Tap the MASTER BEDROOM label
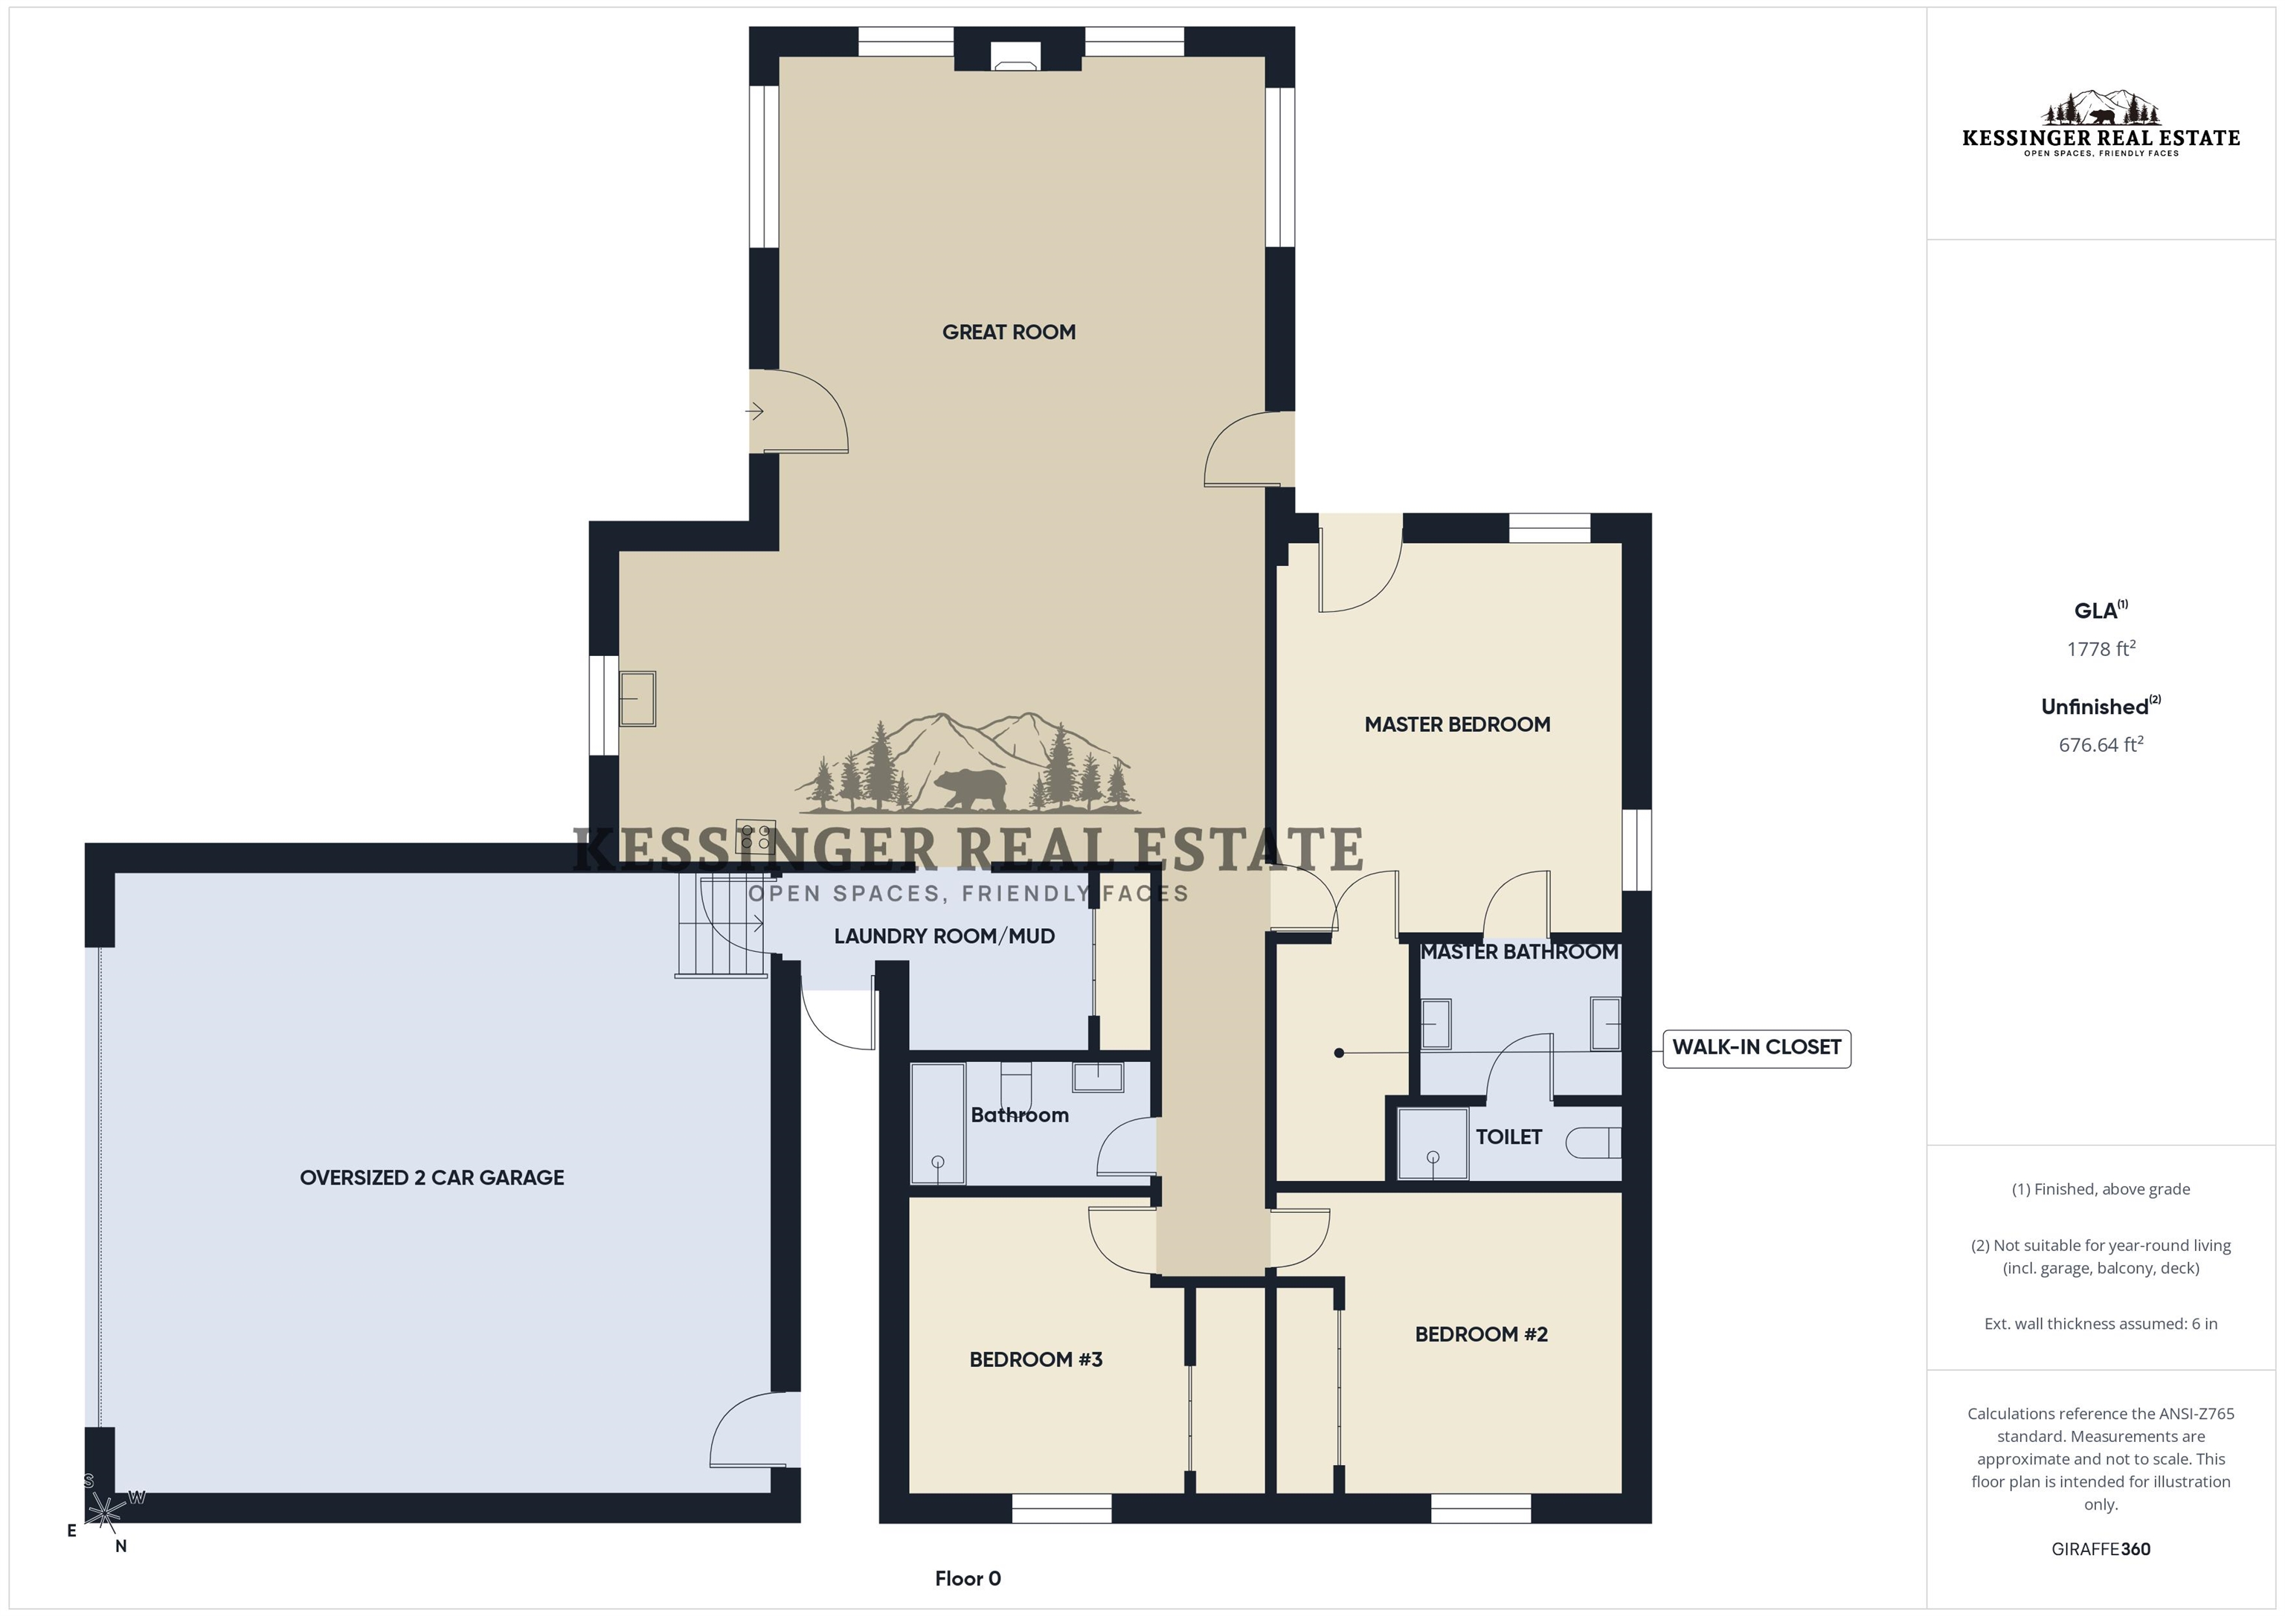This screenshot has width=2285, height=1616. pyautogui.click(x=1457, y=724)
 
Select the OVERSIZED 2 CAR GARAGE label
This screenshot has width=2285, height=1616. pyautogui.click(x=432, y=1178)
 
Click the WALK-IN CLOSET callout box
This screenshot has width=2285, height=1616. pyautogui.click(x=1757, y=1048)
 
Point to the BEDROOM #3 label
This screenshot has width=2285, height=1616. pyautogui.click(x=1036, y=1360)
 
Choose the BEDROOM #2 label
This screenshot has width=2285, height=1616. pyautogui.click(x=1481, y=1334)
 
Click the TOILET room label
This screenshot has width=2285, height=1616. pyautogui.click(x=1508, y=1137)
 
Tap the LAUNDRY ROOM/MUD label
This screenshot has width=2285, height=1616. pyautogui.click(x=945, y=936)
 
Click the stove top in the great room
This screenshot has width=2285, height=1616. pyautogui.click(x=756, y=838)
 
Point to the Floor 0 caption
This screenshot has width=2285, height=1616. pyautogui.click(x=968, y=1579)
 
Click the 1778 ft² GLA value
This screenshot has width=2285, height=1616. pyautogui.click(x=2101, y=648)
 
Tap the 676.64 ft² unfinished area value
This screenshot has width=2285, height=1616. pyautogui.click(x=2101, y=744)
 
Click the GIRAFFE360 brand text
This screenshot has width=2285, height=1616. pyautogui.click(x=2101, y=1549)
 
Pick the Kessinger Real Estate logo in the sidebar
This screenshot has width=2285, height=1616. pyautogui.click(x=2101, y=123)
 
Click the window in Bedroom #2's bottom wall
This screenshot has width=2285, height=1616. pyautogui.click(x=1481, y=1508)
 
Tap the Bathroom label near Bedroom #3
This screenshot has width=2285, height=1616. pyautogui.click(x=1019, y=1116)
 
